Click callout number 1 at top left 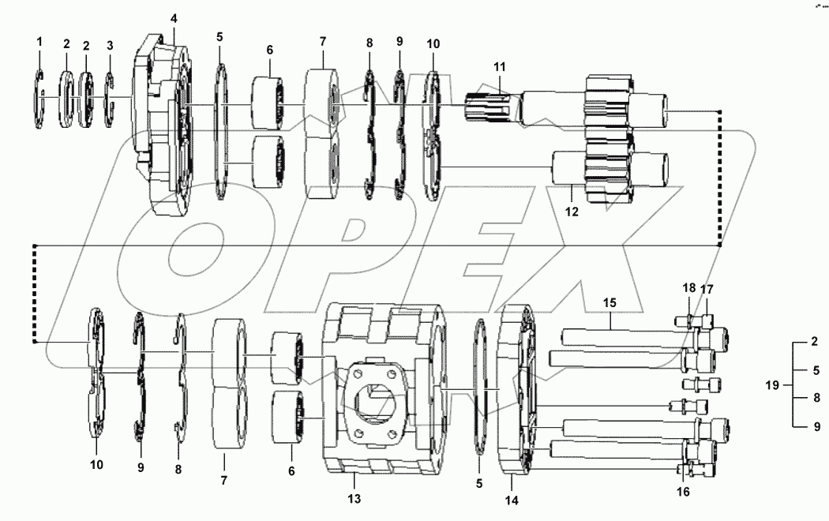pyautogui.click(x=39, y=41)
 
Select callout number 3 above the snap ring pyautogui.click(x=110, y=45)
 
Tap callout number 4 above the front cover pyautogui.click(x=174, y=17)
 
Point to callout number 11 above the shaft pyautogui.click(x=498, y=68)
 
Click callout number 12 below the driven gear pyautogui.click(x=572, y=212)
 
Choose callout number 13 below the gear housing pyautogui.click(x=354, y=499)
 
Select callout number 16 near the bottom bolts pyautogui.click(x=683, y=491)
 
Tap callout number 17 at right pyautogui.click(x=707, y=289)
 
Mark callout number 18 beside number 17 pyautogui.click(x=689, y=289)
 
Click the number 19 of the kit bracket pyautogui.click(x=773, y=385)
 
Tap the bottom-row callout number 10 pyautogui.click(x=96, y=465)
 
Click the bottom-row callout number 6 pyautogui.click(x=291, y=470)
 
